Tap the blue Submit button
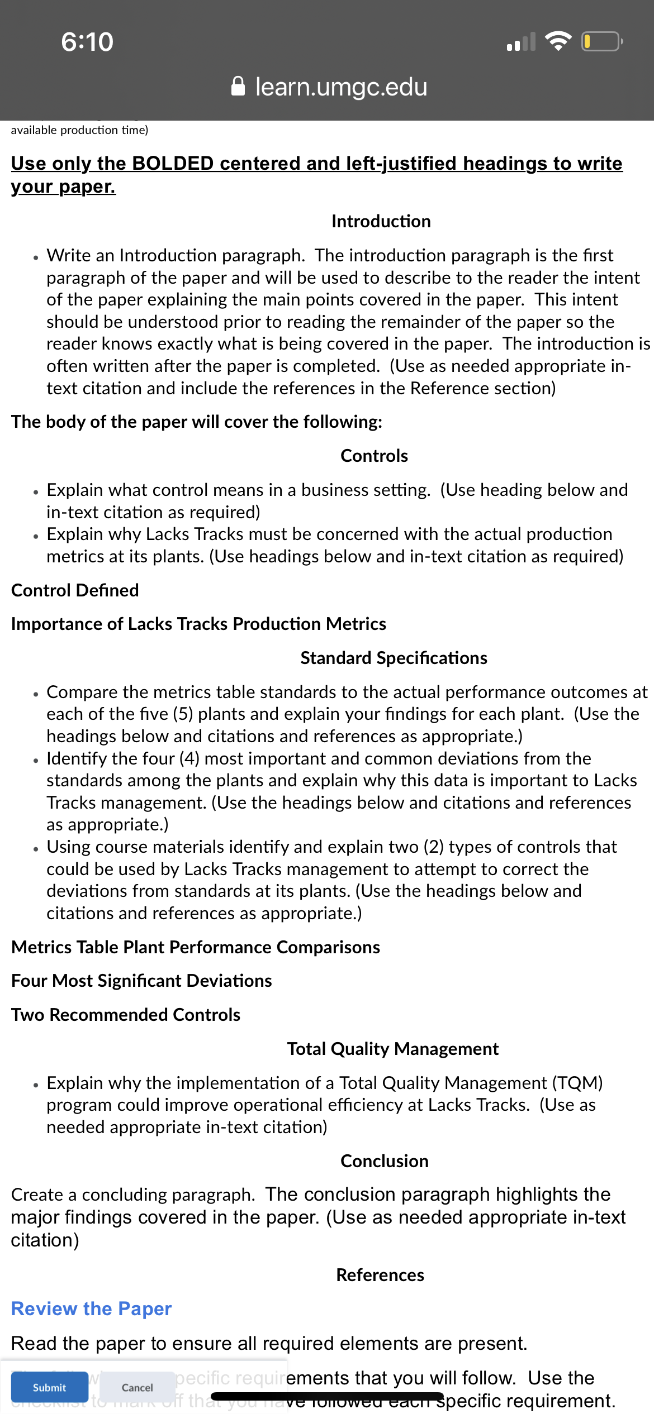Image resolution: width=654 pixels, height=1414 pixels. [x=49, y=1387]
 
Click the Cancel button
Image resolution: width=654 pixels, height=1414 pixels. [x=137, y=1387]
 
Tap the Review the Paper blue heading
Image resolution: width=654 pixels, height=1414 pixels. [x=91, y=1308]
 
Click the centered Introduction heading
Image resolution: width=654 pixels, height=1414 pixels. [x=381, y=221]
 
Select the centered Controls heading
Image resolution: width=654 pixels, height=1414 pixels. [x=374, y=456]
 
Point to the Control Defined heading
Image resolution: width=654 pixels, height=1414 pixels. [x=75, y=590]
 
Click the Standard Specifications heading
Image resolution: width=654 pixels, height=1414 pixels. [x=394, y=658]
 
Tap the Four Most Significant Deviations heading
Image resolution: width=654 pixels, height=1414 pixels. [x=141, y=981]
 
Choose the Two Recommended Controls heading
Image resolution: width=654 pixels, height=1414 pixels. [x=126, y=1015]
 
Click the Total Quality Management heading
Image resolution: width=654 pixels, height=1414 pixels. [x=392, y=1049]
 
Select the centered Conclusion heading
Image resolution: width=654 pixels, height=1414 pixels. [x=384, y=1161]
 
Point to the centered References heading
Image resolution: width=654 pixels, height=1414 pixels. [x=380, y=1275]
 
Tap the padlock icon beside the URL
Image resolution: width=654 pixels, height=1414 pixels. [x=238, y=87]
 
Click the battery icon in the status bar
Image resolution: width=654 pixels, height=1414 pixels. [x=601, y=42]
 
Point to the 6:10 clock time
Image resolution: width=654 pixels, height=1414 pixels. [x=87, y=42]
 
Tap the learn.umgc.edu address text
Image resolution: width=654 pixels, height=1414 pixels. [x=341, y=87]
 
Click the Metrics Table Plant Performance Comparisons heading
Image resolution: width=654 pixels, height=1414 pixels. [x=196, y=947]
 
